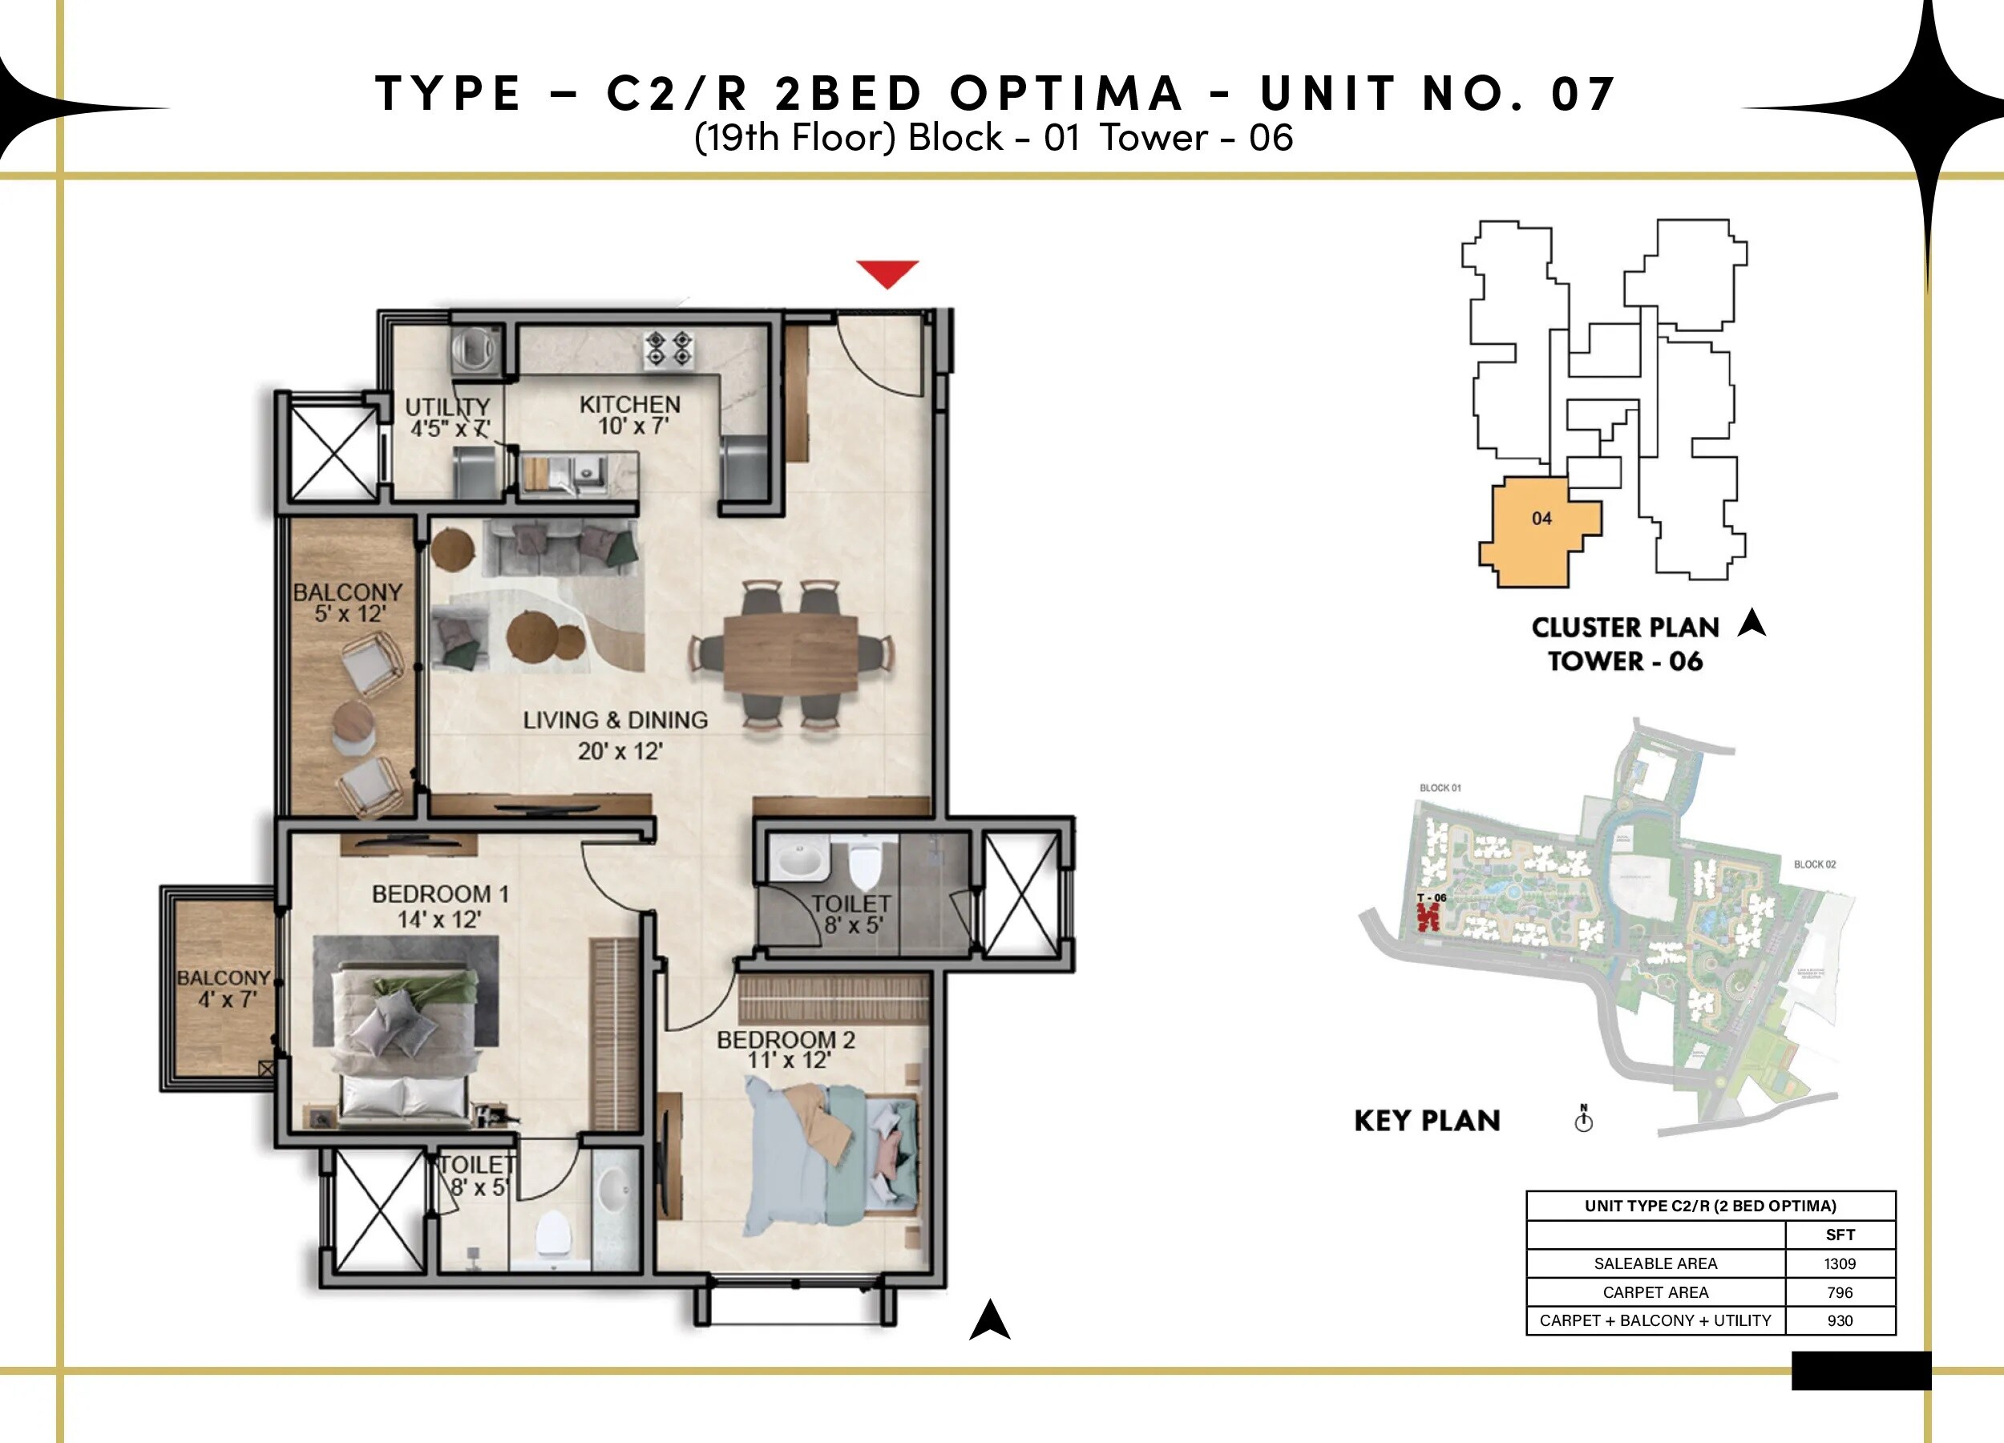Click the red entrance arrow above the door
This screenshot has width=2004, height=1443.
tap(887, 272)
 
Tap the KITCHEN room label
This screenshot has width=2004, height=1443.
tap(630, 415)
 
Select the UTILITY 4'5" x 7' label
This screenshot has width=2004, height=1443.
tap(448, 417)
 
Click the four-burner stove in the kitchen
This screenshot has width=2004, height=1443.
tap(668, 349)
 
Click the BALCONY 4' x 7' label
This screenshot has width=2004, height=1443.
tap(224, 988)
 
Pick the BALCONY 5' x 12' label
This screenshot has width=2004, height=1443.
tap(348, 603)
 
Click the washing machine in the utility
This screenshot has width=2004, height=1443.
tap(475, 349)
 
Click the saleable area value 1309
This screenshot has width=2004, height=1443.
tap(1840, 1263)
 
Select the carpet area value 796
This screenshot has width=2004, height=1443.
tap(1840, 1292)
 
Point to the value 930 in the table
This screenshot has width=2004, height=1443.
tap(1840, 1320)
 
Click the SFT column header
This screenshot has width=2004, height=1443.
tap(1840, 1235)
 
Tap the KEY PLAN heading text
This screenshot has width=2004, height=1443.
tap(1427, 1121)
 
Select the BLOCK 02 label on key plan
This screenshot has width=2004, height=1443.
tap(1814, 864)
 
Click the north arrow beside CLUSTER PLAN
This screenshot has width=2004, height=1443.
tap(1751, 623)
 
